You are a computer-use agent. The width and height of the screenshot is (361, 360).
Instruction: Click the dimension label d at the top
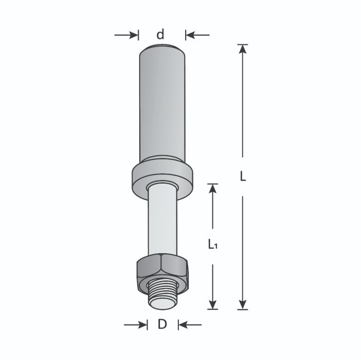[x=161, y=35]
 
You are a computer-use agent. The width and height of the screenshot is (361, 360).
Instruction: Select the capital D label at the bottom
[x=162, y=325]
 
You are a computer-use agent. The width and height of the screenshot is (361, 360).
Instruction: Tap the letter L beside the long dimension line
[x=243, y=176]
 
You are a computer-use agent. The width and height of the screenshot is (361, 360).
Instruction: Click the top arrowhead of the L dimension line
[x=243, y=49]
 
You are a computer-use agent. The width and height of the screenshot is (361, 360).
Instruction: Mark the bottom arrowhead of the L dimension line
[x=243, y=305]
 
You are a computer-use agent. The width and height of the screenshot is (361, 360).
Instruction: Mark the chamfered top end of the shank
[x=162, y=49]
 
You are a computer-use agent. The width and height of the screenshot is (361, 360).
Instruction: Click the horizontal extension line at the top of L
[x=243, y=44]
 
